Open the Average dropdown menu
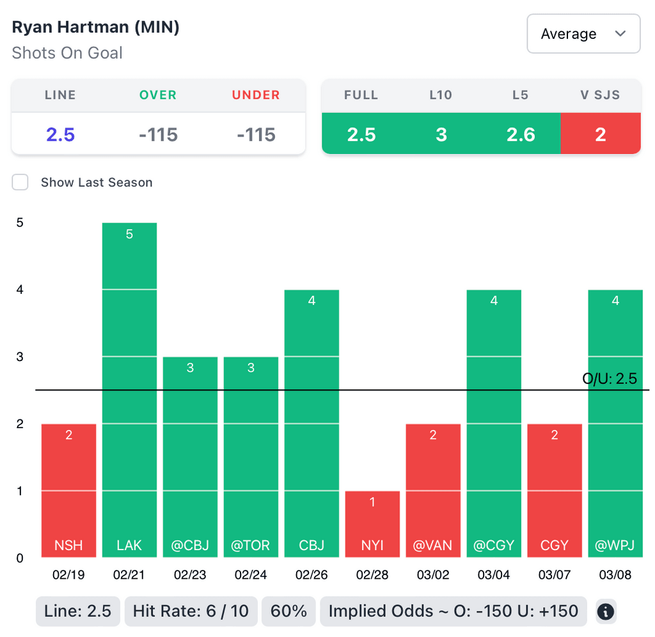click(x=583, y=34)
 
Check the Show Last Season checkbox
click(x=20, y=182)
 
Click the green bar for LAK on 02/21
click(x=129, y=390)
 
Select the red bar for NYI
click(x=372, y=524)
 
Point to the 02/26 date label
click(x=312, y=575)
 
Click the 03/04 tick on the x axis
click(x=494, y=575)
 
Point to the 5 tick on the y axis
click(x=20, y=223)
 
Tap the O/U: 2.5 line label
click(x=610, y=379)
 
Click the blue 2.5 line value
click(x=60, y=135)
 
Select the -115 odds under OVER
click(x=158, y=135)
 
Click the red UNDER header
click(x=256, y=95)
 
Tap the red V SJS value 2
click(x=600, y=135)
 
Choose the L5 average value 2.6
click(x=520, y=135)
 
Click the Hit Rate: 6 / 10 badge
click(x=191, y=611)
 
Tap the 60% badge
click(x=289, y=611)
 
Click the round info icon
click(x=605, y=612)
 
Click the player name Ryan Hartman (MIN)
click(x=96, y=28)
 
